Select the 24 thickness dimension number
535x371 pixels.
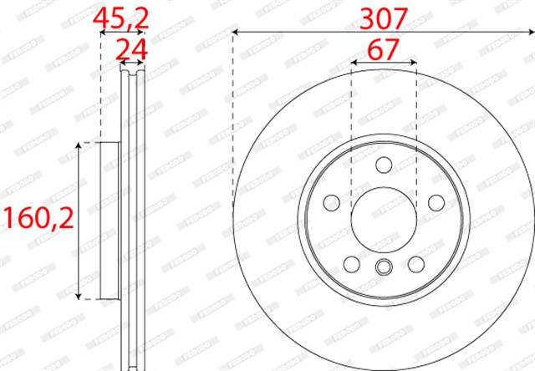point(130,49)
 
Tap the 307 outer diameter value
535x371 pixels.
point(383,18)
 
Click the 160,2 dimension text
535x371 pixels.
point(37,220)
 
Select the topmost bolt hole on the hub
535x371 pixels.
point(384,164)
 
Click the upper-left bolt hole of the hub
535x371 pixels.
point(332,202)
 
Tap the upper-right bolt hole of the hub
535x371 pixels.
point(436,202)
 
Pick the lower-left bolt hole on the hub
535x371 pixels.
point(352,265)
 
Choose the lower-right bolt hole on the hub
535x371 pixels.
point(416,265)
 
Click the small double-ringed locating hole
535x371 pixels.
point(384,267)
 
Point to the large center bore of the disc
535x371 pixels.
point(384,220)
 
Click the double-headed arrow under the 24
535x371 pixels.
point(130,63)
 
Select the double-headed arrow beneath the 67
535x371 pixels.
point(384,63)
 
